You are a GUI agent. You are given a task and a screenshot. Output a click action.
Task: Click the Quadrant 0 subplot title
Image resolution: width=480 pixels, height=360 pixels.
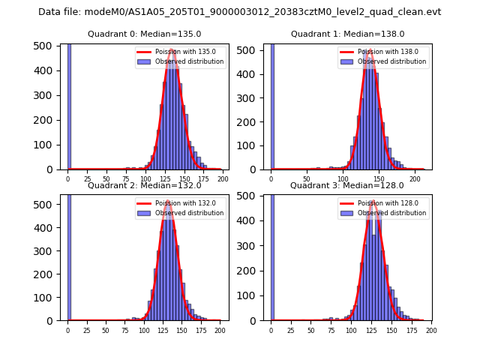click(144, 34)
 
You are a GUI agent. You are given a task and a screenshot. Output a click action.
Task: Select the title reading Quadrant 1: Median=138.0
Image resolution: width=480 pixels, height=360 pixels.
click(347, 34)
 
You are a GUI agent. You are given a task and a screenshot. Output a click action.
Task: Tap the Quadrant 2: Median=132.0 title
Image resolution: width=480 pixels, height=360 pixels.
click(144, 185)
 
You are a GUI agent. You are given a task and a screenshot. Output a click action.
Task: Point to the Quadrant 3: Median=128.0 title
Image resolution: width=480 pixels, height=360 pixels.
click(347, 185)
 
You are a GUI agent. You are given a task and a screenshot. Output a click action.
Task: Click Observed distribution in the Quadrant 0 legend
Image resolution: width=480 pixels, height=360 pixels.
click(189, 61)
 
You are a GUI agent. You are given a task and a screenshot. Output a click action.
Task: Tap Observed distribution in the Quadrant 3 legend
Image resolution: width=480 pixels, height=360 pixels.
click(391, 213)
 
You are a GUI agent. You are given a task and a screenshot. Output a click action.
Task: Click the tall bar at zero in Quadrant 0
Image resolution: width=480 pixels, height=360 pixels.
click(68, 105)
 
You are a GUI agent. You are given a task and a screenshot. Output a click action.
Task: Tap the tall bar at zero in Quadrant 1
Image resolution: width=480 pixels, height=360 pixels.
click(271, 105)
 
